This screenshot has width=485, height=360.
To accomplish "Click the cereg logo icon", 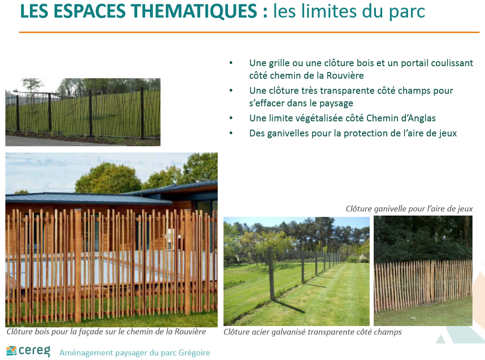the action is click(11, 351).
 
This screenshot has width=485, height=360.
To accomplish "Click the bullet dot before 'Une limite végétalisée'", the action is click(231, 118).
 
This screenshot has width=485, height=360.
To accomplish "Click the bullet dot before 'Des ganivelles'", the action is click(231, 133).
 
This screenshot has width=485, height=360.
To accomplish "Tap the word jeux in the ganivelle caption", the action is click(465, 209).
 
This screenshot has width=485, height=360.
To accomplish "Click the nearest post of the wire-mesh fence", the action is click(272, 274).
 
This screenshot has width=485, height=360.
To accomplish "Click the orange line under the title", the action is click(249, 32).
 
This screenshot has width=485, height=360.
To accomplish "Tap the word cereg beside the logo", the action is click(34, 351).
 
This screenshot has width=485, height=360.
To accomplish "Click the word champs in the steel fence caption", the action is click(388, 332).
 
